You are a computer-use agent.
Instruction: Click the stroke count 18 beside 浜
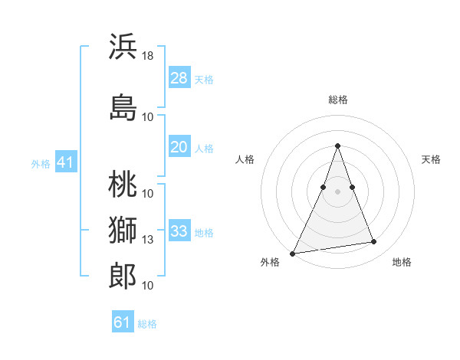click(x=149, y=56)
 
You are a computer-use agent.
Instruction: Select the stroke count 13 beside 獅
click(x=149, y=240)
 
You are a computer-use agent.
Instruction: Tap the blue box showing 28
click(x=179, y=78)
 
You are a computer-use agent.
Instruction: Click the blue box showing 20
click(x=179, y=147)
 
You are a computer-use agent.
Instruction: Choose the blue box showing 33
click(x=179, y=231)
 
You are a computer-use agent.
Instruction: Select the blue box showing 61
click(x=123, y=322)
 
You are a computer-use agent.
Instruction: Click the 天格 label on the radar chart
click(x=431, y=159)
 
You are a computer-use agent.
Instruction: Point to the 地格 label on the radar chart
click(x=402, y=262)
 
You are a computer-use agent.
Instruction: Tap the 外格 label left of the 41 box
click(x=41, y=163)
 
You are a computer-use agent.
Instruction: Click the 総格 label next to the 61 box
click(x=147, y=323)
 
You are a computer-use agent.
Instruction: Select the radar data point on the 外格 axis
click(x=293, y=253)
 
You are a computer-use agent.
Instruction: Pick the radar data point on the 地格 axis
click(x=374, y=242)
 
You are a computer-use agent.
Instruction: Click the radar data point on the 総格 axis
click(x=337, y=146)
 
